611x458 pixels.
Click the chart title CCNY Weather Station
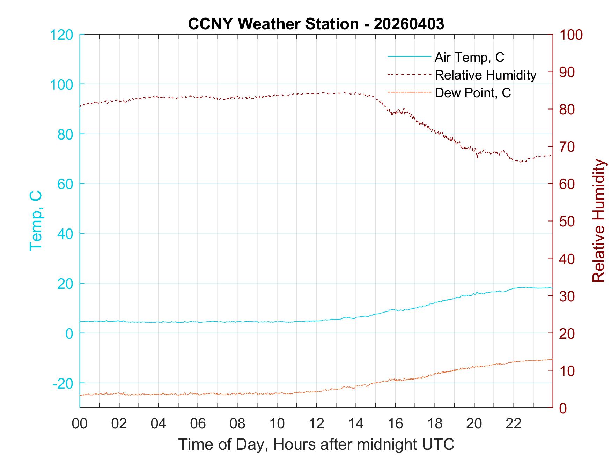tap(273, 24)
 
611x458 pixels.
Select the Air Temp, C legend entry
tap(469, 57)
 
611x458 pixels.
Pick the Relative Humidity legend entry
tap(485, 75)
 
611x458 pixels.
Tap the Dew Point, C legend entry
tap(473, 93)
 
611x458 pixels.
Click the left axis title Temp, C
tap(36, 220)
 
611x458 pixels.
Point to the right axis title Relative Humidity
tap(598, 220)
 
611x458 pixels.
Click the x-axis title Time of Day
tap(316, 444)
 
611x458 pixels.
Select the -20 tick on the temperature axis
tap(63, 383)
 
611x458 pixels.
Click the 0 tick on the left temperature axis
tap(69, 333)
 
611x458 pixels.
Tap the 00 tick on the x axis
tap(80, 424)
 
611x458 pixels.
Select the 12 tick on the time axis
tap(316, 424)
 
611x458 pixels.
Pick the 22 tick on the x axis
tap(514, 424)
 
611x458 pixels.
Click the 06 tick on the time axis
tap(198, 424)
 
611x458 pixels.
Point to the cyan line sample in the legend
tap(409, 57)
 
